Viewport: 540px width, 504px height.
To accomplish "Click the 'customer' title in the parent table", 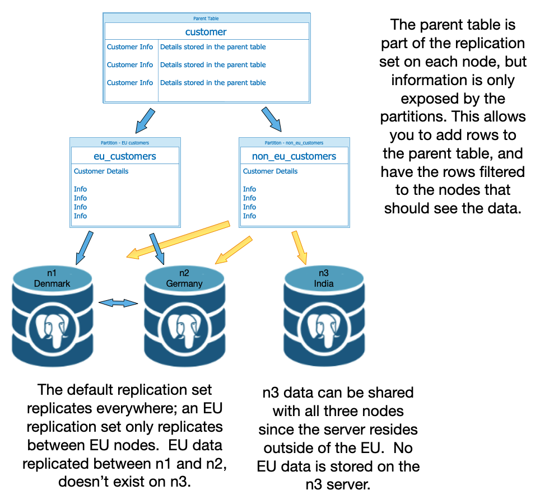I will (206, 32).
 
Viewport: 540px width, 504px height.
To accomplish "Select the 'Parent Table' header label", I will (206, 18).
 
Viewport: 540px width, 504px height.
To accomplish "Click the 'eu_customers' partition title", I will (124, 156).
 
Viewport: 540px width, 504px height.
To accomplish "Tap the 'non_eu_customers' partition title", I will (294, 156).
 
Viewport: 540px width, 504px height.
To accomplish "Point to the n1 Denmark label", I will (52, 278).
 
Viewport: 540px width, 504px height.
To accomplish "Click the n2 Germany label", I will (184, 278).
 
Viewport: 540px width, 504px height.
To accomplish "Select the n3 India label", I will (324, 278).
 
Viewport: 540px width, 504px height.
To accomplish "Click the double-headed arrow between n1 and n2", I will (118, 303).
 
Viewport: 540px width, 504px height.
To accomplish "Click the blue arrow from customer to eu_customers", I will (143, 119).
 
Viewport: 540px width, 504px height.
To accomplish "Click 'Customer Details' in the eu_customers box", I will (101, 171).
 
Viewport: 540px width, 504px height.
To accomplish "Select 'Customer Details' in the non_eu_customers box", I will (270, 171).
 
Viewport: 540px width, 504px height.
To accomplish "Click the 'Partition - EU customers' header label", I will (124, 143).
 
